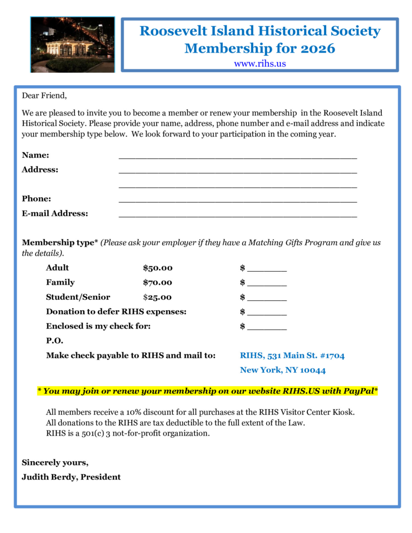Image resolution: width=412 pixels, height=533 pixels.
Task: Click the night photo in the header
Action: [x=72, y=44]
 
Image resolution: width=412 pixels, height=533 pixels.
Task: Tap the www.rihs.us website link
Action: [x=260, y=64]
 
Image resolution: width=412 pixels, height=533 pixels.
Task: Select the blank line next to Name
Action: [x=238, y=156]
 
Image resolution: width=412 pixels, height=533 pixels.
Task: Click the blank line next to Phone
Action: [x=238, y=200]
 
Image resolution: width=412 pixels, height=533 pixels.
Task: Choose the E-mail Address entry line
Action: [x=238, y=214]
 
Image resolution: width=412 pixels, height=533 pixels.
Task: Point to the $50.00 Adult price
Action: [x=157, y=268]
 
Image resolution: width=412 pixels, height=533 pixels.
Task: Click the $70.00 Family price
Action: [x=157, y=283]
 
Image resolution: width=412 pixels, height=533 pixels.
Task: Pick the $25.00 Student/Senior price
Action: [x=157, y=297]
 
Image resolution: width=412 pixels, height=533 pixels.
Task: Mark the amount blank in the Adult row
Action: [x=267, y=270]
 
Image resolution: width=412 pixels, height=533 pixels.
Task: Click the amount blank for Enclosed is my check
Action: [x=267, y=328]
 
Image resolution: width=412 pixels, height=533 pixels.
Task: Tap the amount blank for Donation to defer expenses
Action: [x=267, y=313]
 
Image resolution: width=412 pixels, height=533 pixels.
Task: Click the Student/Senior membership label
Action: [x=78, y=297]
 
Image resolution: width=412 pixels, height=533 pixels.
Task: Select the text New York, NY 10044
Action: [x=283, y=371]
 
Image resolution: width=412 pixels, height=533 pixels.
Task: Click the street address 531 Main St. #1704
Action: [x=306, y=356]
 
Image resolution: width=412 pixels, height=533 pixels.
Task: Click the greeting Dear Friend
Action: [x=44, y=96]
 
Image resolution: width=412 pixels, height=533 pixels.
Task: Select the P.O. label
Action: [x=54, y=341]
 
